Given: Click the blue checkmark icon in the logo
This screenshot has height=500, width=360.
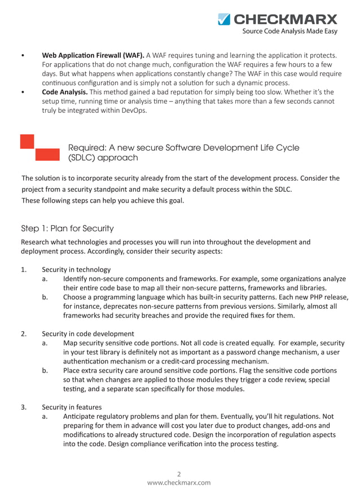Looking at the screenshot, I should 224,20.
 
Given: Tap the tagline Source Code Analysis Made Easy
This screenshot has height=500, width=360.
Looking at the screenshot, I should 289,32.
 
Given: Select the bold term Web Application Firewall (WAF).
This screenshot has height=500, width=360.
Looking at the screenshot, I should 93,55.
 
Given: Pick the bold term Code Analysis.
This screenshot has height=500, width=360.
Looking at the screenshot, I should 64,92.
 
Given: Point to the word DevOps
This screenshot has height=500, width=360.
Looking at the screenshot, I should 134,111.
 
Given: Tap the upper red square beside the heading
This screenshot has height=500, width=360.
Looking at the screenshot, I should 28,142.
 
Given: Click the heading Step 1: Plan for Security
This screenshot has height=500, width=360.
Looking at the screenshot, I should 67,229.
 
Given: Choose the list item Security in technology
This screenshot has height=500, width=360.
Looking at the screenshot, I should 76,269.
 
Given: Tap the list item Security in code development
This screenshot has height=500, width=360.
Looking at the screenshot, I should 88,334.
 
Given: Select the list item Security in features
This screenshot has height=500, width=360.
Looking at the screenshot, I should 72,407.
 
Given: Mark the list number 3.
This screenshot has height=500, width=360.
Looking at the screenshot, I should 24,407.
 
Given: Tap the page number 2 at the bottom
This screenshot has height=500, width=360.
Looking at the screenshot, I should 179,474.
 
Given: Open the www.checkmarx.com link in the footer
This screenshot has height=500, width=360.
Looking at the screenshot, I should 179,483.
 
